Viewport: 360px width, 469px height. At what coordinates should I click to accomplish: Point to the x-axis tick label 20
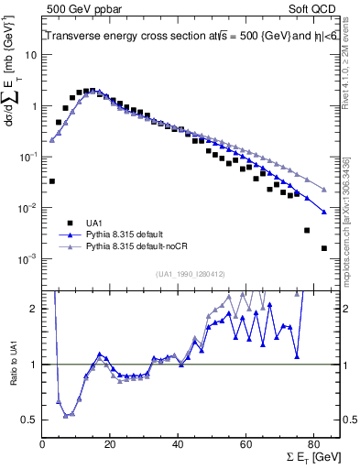pos(110,438)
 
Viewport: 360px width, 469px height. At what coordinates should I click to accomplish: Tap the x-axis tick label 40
pos(178,438)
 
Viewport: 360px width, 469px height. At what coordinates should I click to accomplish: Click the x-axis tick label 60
pos(245,438)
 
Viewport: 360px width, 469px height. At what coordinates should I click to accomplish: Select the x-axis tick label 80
pos(312,438)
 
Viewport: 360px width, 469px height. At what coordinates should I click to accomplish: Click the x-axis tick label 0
pos(43,438)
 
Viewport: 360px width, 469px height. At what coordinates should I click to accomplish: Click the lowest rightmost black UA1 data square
pos(323,248)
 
